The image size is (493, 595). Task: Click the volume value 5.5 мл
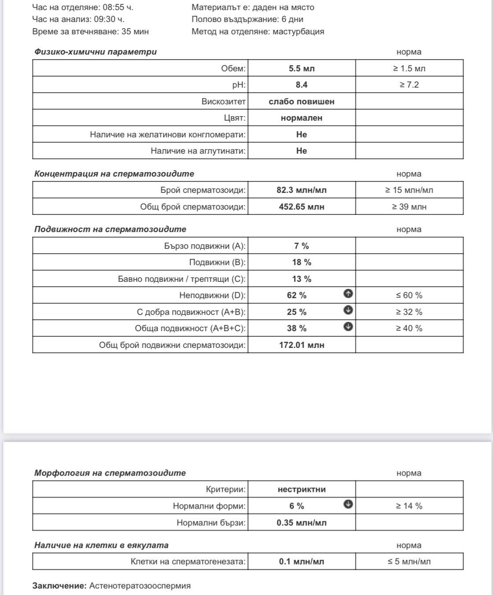[x=302, y=68]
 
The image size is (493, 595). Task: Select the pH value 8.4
[x=302, y=85]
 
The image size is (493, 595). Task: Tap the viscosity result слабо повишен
[x=302, y=101]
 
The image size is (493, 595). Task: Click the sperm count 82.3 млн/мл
[x=302, y=190]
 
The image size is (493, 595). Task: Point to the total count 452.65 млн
[x=302, y=207]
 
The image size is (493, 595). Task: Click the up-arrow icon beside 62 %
[x=348, y=294]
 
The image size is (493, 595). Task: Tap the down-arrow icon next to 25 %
[x=348, y=310]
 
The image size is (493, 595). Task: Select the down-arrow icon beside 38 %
[x=348, y=327]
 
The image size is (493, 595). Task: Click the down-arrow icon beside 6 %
[x=348, y=504]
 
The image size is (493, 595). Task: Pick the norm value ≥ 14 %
[x=409, y=506]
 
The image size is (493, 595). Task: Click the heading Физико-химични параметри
[x=96, y=52]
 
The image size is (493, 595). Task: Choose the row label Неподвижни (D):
[x=212, y=295]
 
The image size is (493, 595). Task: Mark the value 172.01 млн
[x=302, y=345]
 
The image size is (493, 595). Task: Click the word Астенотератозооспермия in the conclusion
[x=140, y=586]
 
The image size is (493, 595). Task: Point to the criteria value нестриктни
[x=302, y=489]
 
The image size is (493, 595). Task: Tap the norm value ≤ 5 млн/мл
[x=409, y=562]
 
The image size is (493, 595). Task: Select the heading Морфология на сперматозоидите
[x=110, y=473]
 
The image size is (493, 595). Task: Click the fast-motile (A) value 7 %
[x=302, y=246]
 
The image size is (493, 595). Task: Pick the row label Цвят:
[x=235, y=118]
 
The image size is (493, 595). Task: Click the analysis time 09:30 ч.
[x=109, y=19]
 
